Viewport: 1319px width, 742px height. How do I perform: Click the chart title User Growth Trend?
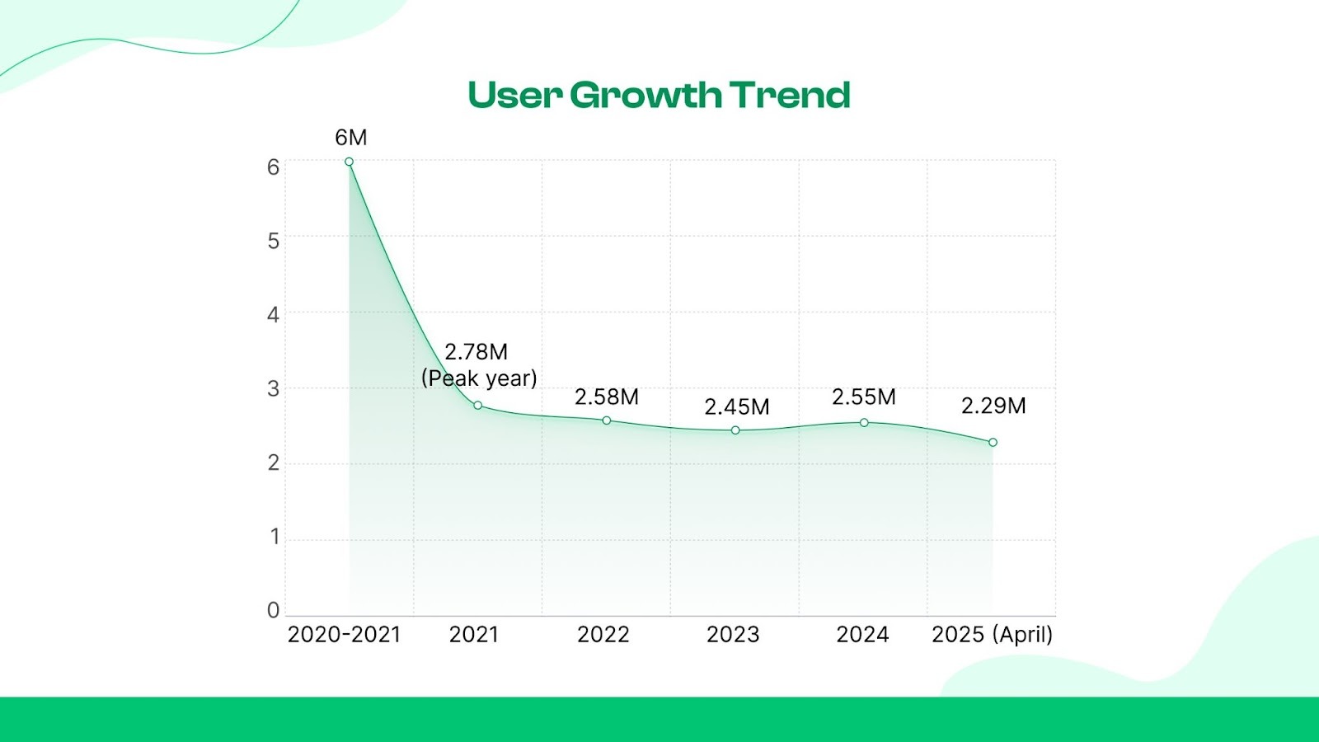tap(659, 96)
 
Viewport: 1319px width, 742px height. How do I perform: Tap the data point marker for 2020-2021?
tap(349, 162)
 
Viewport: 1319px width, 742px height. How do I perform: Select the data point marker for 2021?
tap(477, 406)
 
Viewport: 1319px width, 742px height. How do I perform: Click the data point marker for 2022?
tap(607, 420)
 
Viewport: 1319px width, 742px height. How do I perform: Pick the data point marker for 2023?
tap(735, 430)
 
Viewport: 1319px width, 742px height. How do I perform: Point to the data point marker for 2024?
tap(864, 423)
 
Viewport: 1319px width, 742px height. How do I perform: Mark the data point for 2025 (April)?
tap(993, 443)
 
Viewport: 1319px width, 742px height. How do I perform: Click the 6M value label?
tap(350, 138)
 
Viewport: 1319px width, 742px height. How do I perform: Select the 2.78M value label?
tap(476, 352)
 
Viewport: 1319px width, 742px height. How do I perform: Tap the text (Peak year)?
tap(479, 378)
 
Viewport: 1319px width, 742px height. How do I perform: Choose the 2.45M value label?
tap(736, 406)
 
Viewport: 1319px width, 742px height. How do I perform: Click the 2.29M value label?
tap(993, 406)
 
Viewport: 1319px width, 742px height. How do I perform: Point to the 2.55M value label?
tap(863, 397)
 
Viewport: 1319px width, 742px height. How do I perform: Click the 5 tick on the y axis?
tap(273, 241)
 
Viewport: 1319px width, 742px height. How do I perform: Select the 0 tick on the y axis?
tap(273, 610)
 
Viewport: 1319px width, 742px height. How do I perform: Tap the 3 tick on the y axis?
tap(273, 388)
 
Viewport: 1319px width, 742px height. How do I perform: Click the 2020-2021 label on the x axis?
tap(344, 635)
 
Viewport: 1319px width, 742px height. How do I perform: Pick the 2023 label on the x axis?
tap(733, 635)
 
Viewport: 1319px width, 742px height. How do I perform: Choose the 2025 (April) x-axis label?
tap(992, 635)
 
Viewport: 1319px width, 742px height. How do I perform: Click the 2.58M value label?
tap(606, 397)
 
